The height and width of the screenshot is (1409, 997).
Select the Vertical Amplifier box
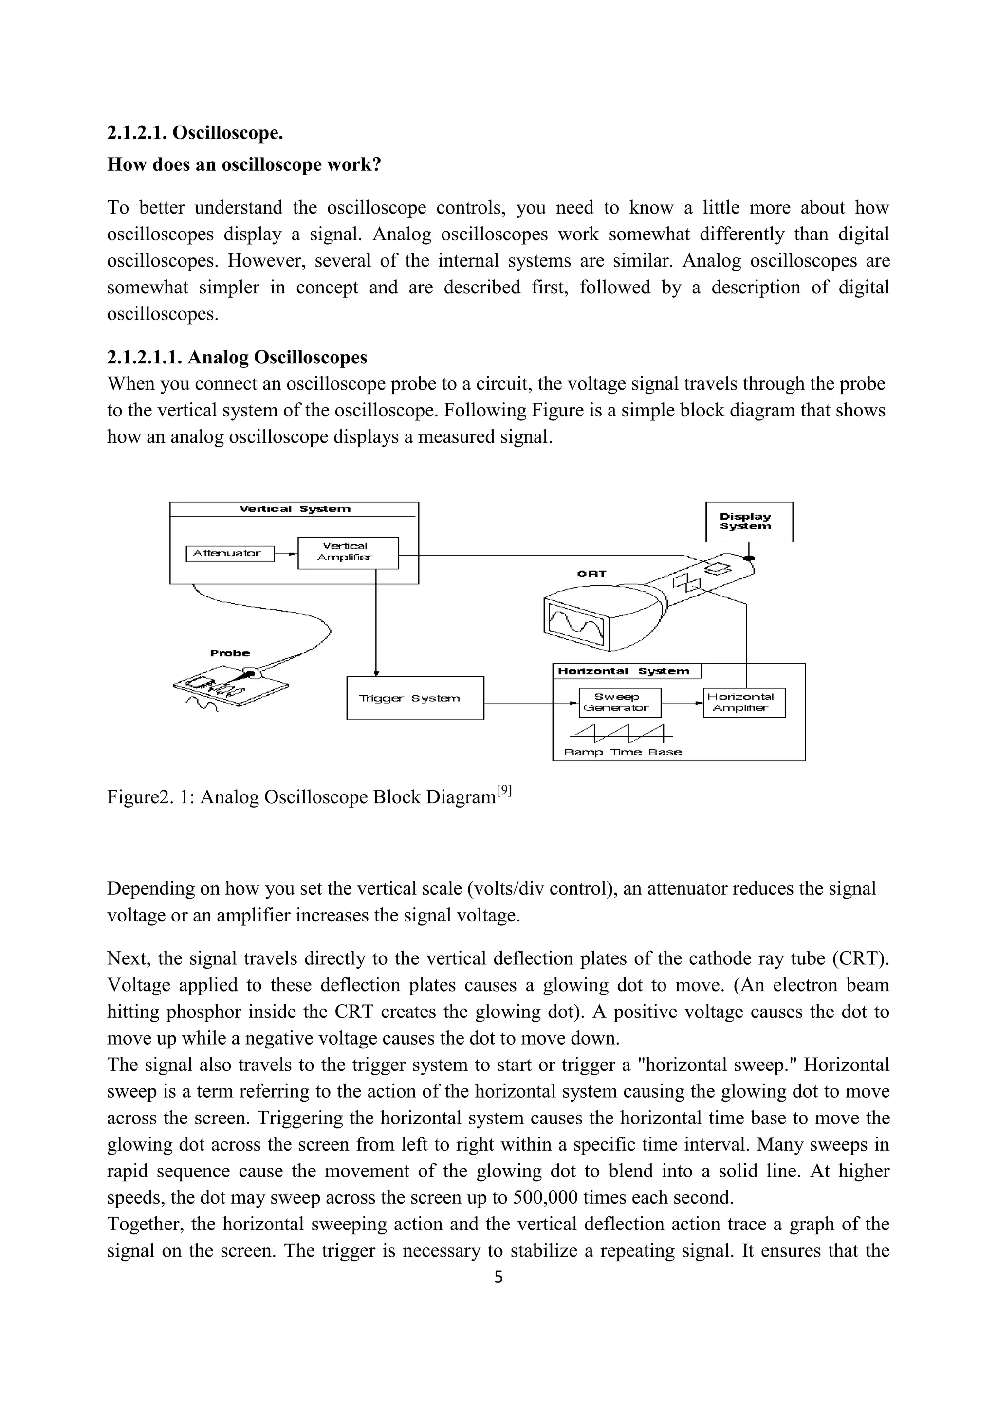point(348,552)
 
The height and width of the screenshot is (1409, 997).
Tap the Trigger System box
point(415,698)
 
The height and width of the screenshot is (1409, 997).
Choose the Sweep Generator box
point(619,703)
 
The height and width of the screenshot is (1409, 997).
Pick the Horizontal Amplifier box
point(743,703)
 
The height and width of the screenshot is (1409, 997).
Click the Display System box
point(748,522)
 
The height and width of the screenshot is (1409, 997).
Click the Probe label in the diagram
point(230,653)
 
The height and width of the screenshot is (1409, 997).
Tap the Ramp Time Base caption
point(623,752)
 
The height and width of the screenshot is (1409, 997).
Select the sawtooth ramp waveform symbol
point(621,732)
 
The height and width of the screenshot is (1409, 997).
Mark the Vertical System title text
point(295,509)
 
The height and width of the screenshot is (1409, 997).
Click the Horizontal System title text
point(623,671)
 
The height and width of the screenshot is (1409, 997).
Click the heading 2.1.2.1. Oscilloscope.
point(195,132)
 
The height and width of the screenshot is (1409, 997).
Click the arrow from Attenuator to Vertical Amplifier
point(285,554)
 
